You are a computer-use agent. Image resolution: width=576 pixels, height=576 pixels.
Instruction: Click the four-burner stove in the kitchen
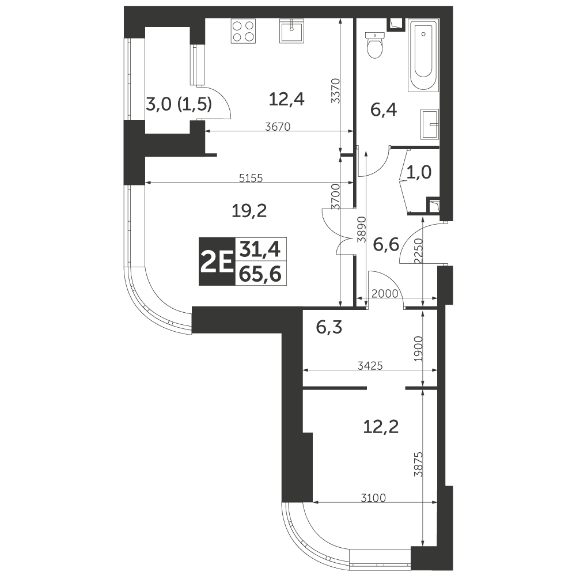click(x=243, y=31)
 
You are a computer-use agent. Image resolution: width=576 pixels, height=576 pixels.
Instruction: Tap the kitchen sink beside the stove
click(x=292, y=31)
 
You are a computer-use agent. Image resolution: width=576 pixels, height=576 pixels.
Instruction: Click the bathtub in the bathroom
click(x=423, y=56)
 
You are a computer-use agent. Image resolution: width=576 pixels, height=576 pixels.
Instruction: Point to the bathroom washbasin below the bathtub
click(x=430, y=124)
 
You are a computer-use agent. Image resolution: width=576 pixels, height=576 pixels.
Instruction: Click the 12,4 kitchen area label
click(x=286, y=99)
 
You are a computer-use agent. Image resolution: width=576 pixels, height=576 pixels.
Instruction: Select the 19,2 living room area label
click(x=249, y=211)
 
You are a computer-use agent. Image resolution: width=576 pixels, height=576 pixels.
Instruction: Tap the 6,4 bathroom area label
click(x=384, y=110)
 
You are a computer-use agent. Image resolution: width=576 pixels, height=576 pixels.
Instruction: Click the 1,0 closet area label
click(x=419, y=172)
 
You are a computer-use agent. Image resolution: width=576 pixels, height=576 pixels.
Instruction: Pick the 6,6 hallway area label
click(x=386, y=244)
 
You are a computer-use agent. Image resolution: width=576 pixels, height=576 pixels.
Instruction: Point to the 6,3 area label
click(x=329, y=327)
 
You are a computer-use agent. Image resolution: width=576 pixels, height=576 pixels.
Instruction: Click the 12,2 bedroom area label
click(x=381, y=427)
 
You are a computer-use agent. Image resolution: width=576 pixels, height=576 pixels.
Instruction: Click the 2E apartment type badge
click(x=217, y=262)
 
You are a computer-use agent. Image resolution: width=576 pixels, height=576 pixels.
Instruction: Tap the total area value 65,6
click(x=260, y=274)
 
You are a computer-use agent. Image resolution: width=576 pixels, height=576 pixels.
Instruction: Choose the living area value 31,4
click(x=260, y=249)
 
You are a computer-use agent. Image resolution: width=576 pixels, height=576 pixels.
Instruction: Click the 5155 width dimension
click(x=251, y=178)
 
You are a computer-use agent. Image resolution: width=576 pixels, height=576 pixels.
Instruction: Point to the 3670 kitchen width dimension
click(x=278, y=127)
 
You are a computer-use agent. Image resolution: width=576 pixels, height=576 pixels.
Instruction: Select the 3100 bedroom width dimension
click(x=373, y=498)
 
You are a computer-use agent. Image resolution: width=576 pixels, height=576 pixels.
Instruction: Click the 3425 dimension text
click(x=370, y=366)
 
